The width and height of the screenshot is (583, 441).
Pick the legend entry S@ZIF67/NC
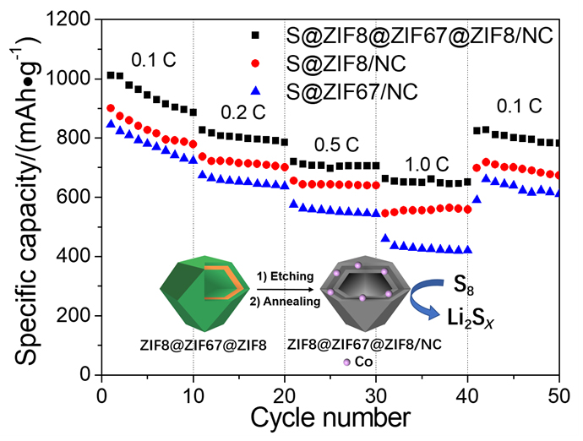pyautogui.click(x=369, y=88)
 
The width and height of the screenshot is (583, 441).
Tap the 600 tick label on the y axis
pyautogui.click(x=73, y=198)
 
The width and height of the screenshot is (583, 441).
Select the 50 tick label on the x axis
pyautogui.click(x=558, y=395)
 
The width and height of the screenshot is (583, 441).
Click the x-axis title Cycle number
pyautogui.click(x=330, y=418)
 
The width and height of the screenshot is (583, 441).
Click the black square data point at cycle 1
pyautogui.click(x=111, y=75)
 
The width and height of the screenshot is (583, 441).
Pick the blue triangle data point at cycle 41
pyautogui.click(x=477, y=199)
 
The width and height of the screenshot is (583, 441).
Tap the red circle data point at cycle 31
pyautogui.click(x=385, y=213)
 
